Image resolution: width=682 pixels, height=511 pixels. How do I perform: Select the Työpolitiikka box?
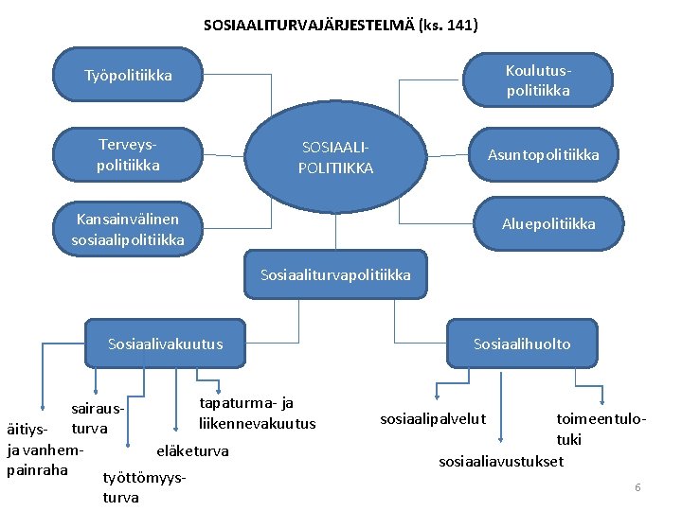128,75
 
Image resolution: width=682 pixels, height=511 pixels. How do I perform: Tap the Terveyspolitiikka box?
128,154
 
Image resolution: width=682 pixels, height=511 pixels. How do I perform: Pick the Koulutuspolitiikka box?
537,80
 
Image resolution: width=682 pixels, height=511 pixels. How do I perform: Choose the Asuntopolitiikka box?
543,154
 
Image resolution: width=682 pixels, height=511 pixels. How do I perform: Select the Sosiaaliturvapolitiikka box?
335,274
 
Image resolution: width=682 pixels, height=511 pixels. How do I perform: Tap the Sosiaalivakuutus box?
165,344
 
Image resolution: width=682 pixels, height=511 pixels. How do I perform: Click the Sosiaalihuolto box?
522,344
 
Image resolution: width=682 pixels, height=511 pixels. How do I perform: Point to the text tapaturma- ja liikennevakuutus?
256,414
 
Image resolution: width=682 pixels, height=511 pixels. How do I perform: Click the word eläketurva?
192,450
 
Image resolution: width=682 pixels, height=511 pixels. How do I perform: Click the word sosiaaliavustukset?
500,462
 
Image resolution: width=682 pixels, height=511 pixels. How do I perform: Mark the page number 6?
637,486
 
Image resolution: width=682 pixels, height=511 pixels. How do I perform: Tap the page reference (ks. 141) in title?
447,26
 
